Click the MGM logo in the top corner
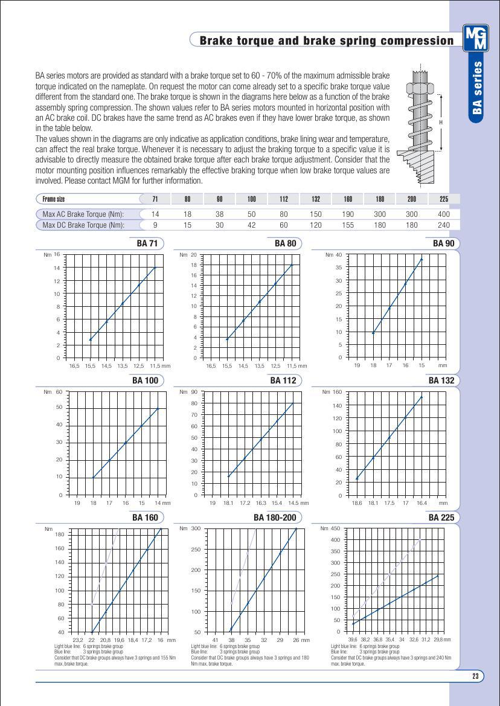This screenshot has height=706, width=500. [475, 39]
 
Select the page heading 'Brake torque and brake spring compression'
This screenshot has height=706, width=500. [326, 40]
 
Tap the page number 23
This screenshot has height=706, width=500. [475, 676]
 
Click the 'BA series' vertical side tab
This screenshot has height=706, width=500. [477, 88]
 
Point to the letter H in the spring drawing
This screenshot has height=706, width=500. [441, 123]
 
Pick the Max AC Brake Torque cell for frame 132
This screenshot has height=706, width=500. [316, 214]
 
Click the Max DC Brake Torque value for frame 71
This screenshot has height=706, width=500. [155, 225]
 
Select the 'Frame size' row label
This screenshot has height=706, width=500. [54, 199]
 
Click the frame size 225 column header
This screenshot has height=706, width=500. [444, 199]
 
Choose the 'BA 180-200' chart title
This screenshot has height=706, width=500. [275, 518]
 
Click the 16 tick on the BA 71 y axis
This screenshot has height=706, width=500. [57, 254]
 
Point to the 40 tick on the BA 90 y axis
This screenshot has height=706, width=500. [339, 255]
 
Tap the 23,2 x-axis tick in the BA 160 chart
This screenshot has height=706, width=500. [77, 640]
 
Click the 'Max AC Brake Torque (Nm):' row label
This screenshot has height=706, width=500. [83, 214]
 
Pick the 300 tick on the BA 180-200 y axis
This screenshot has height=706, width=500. [195, 528]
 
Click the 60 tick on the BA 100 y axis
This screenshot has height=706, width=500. [59, 391]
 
